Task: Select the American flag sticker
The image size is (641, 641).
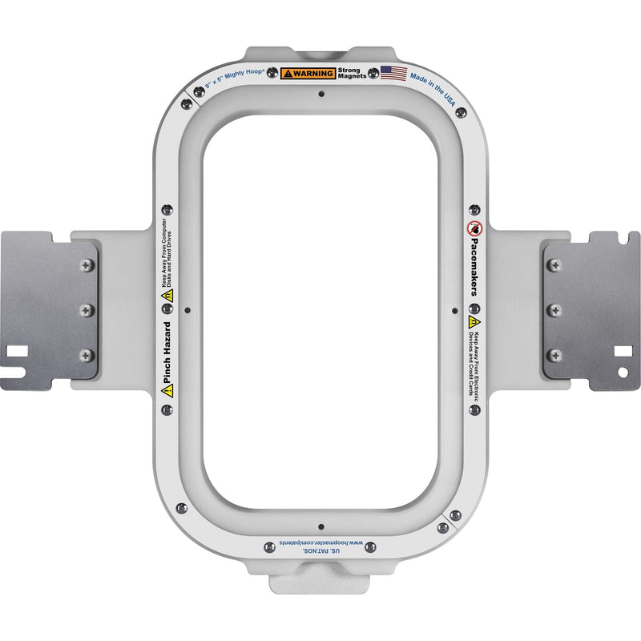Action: (x=393, y=73)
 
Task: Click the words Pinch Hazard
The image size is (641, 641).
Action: (x=167, y=352)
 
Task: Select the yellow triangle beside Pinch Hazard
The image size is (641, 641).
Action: (x=167, y=390)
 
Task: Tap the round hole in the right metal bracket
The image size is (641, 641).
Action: (x=623, y=373)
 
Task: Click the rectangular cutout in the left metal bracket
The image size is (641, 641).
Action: (x=16, y=351)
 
